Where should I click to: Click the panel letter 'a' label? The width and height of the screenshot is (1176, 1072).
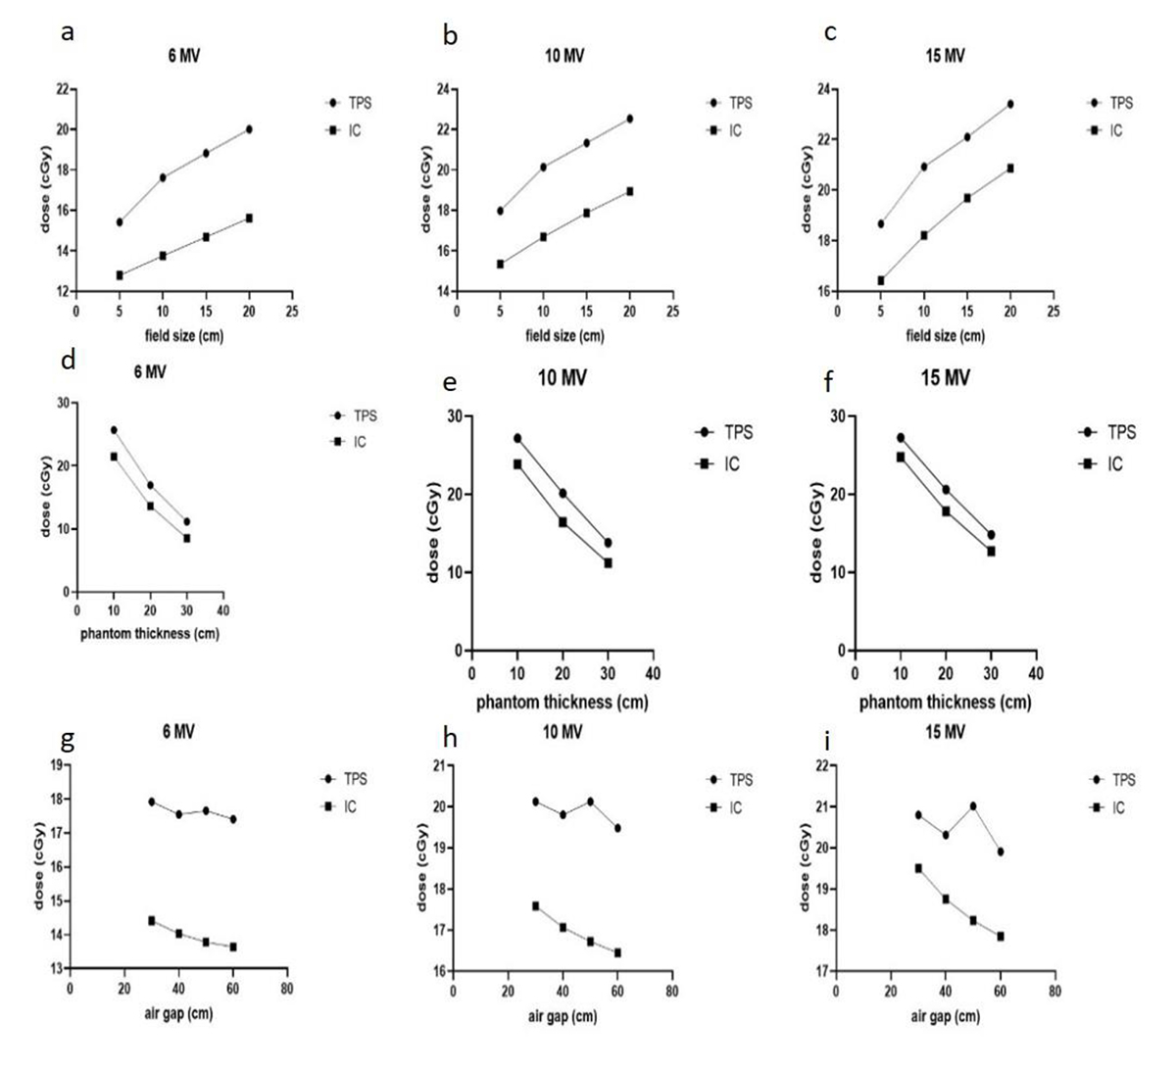point(67,31)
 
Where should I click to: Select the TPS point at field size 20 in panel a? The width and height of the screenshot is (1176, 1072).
point(249,129)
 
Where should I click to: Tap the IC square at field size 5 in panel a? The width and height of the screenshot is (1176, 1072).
point(120,275)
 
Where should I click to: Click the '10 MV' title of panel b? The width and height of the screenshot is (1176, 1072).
point(563,56)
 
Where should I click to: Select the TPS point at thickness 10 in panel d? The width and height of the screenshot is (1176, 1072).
point(114,430)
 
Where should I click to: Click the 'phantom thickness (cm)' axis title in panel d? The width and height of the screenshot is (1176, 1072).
point(149,633)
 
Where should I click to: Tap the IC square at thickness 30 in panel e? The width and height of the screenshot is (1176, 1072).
point(608,562)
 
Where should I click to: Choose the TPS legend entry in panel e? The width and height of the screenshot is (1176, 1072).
point(725,432)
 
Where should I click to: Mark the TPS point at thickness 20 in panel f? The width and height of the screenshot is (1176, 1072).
point(946,490)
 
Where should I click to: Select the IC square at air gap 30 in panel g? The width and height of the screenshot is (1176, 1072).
point(152,920)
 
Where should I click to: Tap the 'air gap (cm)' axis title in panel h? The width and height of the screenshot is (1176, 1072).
point(563,1015)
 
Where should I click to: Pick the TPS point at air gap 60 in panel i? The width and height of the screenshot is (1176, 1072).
point(1001,852)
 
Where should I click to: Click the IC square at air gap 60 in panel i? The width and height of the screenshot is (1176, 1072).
point(1001,936)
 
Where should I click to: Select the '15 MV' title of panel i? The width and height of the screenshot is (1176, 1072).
point(945,733)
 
